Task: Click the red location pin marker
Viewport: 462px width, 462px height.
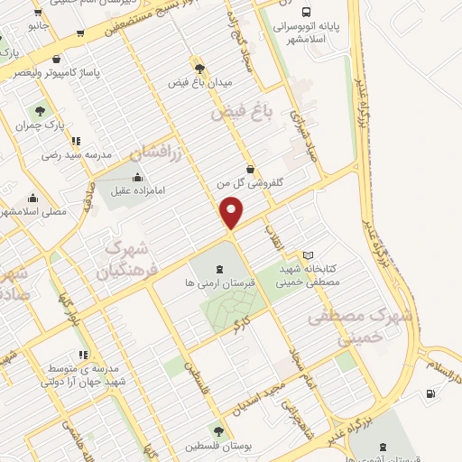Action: pos(232,213)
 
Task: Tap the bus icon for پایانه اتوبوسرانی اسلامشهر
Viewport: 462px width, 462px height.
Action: pos(307,13)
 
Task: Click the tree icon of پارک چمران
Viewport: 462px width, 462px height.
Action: pos(40,112)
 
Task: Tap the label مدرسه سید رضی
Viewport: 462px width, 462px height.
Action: pos(76,155)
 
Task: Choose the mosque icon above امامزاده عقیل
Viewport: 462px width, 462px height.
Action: pos(137,177)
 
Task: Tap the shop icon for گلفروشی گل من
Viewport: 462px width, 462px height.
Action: pos(250,169)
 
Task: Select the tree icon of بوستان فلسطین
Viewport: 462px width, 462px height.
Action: pos(218,431)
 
